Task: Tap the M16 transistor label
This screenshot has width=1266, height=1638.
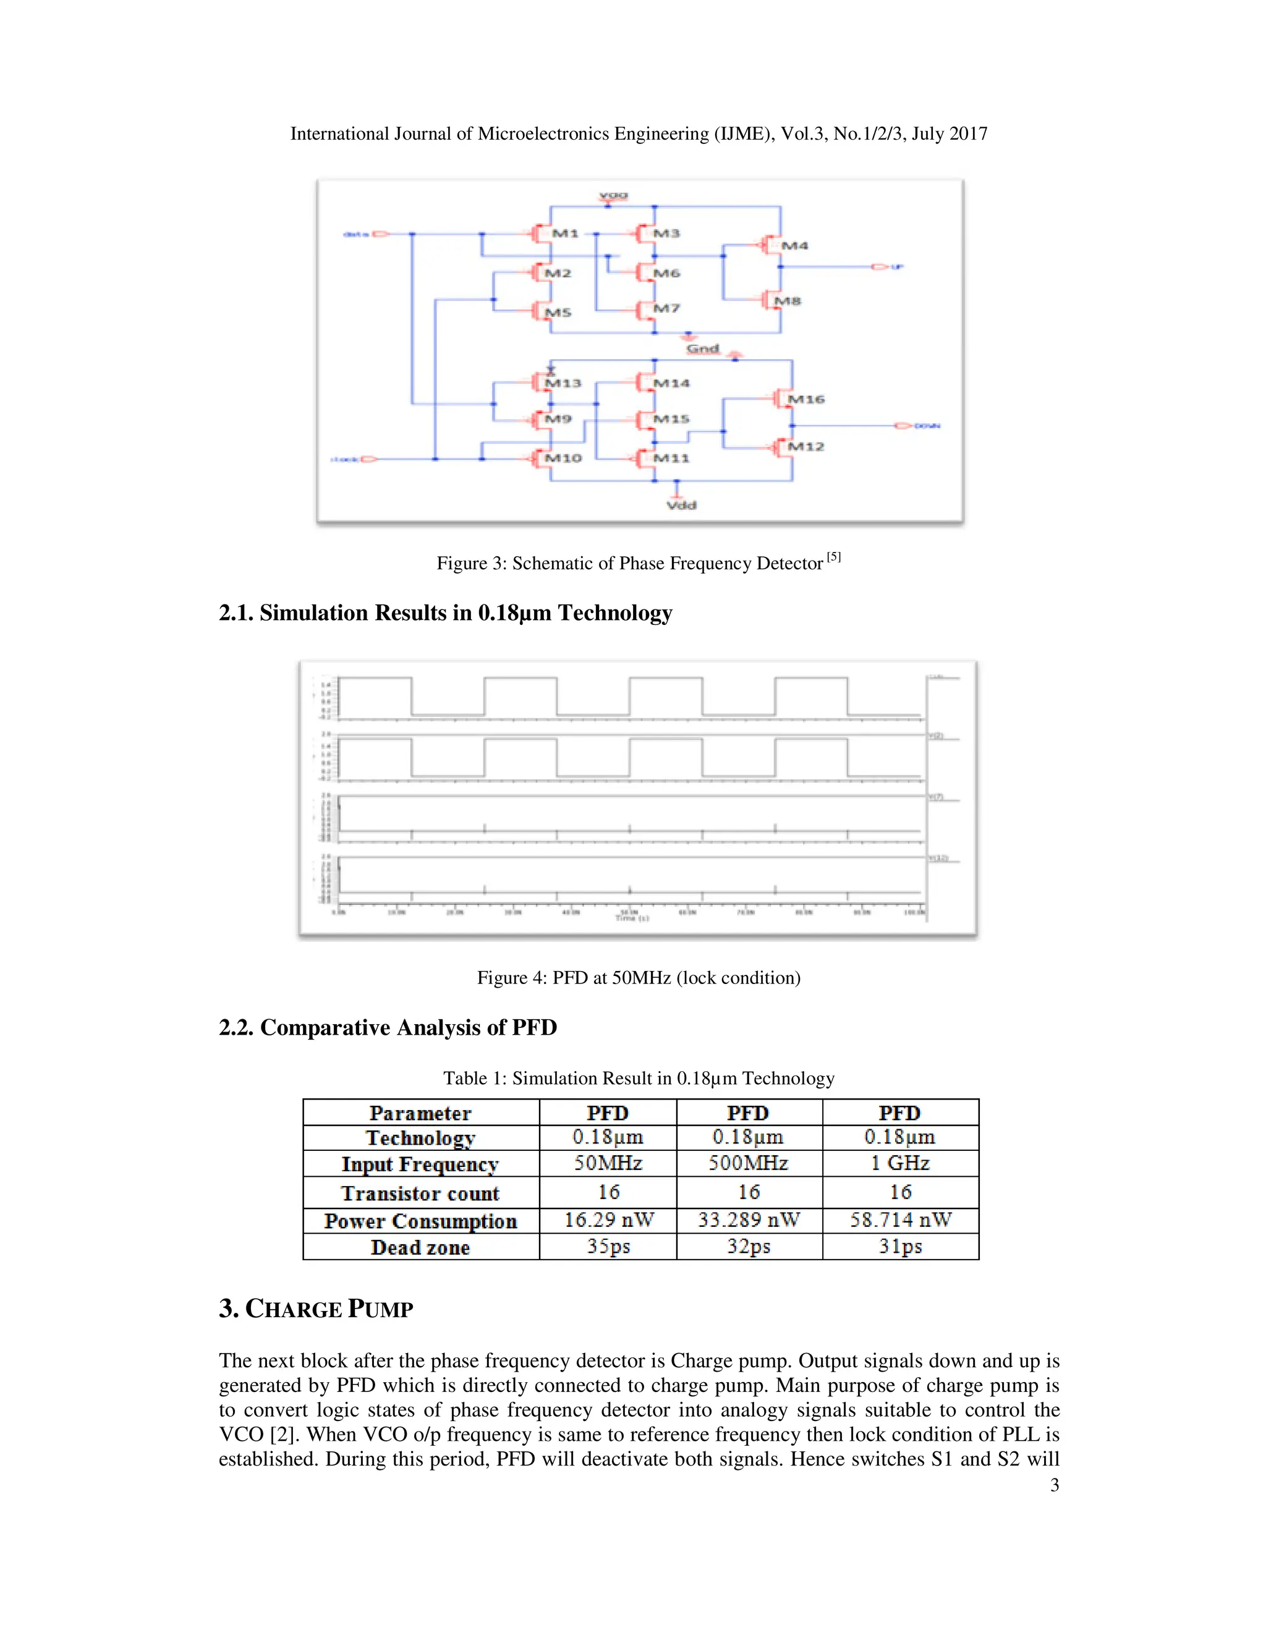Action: pos(806,399)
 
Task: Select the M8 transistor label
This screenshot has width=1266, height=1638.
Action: pos(788,301)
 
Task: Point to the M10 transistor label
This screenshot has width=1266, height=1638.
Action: pos(563,457)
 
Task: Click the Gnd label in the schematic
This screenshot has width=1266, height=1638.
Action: pos(703,349)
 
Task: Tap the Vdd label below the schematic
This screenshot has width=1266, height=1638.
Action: pos(681,505)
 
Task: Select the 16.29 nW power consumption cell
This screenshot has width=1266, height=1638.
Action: pos(608,1220)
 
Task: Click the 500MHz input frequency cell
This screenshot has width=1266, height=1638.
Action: pos(749,1163)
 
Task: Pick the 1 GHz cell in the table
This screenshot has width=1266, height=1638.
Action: pos(900,1163)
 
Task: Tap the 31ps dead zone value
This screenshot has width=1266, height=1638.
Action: pos(900,1247)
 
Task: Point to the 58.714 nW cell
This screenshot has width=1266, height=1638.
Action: pos(900,1220)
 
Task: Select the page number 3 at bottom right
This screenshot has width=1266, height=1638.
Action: pos(1055,1485)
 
